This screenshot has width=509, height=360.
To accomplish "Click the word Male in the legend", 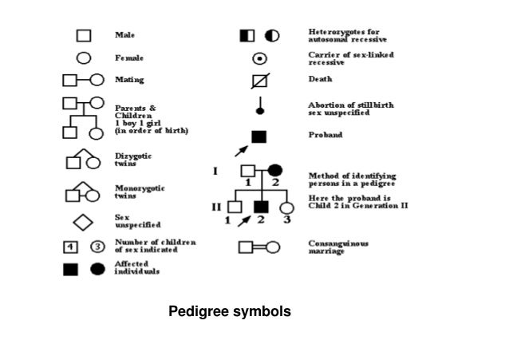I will click(x=125, y=35).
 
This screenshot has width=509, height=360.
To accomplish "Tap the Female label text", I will click(x=129, y=57).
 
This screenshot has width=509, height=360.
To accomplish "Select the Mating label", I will click(x=129, y=80).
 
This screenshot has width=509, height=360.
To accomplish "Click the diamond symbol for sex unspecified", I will click(x=83, y=221).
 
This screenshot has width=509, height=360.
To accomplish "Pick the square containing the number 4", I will click(x=70, y=246).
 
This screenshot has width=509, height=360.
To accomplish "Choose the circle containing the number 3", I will click(x=97, y=246).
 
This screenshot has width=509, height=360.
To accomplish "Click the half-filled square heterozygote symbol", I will click(x=247, y=36).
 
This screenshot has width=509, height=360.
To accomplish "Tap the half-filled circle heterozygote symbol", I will click(x=272, y=36).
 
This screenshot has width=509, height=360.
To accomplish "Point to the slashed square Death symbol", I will click(x=259, y=80).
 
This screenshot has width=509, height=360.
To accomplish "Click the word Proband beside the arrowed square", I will click(x=325, y=136).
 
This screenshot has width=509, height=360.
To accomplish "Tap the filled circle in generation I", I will click(x=274, y=170).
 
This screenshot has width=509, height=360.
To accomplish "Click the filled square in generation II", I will click(x=259, y=208).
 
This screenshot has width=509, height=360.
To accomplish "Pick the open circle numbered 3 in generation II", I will click(x=286, y=208).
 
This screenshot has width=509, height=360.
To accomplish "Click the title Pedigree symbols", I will click(x=230, y=311).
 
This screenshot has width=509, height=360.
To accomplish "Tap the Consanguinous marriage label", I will click(x=338, y=247).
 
